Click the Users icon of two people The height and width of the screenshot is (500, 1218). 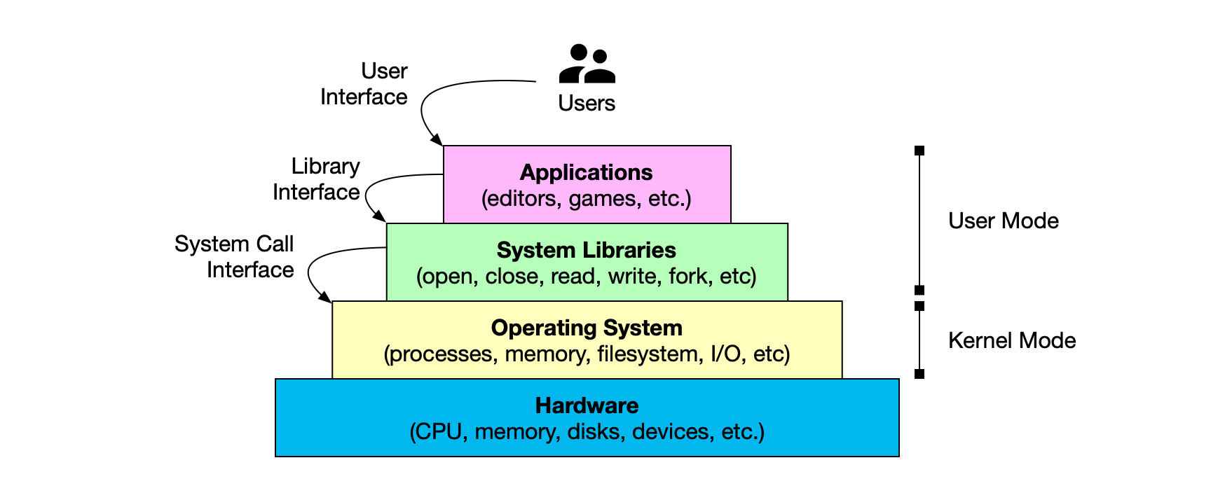(587, 64)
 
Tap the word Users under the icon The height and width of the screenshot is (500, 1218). (587, 103)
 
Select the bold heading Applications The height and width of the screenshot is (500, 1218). (587, 172)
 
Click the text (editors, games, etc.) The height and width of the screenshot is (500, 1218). (587, 199)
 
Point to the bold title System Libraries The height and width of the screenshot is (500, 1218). (587, 250)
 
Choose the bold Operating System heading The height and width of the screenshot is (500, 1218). (587, 328)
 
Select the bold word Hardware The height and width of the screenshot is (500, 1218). (587, 405)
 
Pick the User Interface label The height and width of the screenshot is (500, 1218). (364, 84)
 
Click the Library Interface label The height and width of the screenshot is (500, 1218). (317, 179)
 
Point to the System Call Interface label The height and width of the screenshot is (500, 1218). (235, 257)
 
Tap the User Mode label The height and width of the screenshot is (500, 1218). (1003, 221)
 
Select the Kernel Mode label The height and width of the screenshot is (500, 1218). (1011, 340)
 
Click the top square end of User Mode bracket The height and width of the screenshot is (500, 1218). (919, 151)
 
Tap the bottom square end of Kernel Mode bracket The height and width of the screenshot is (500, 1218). (919, 374)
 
